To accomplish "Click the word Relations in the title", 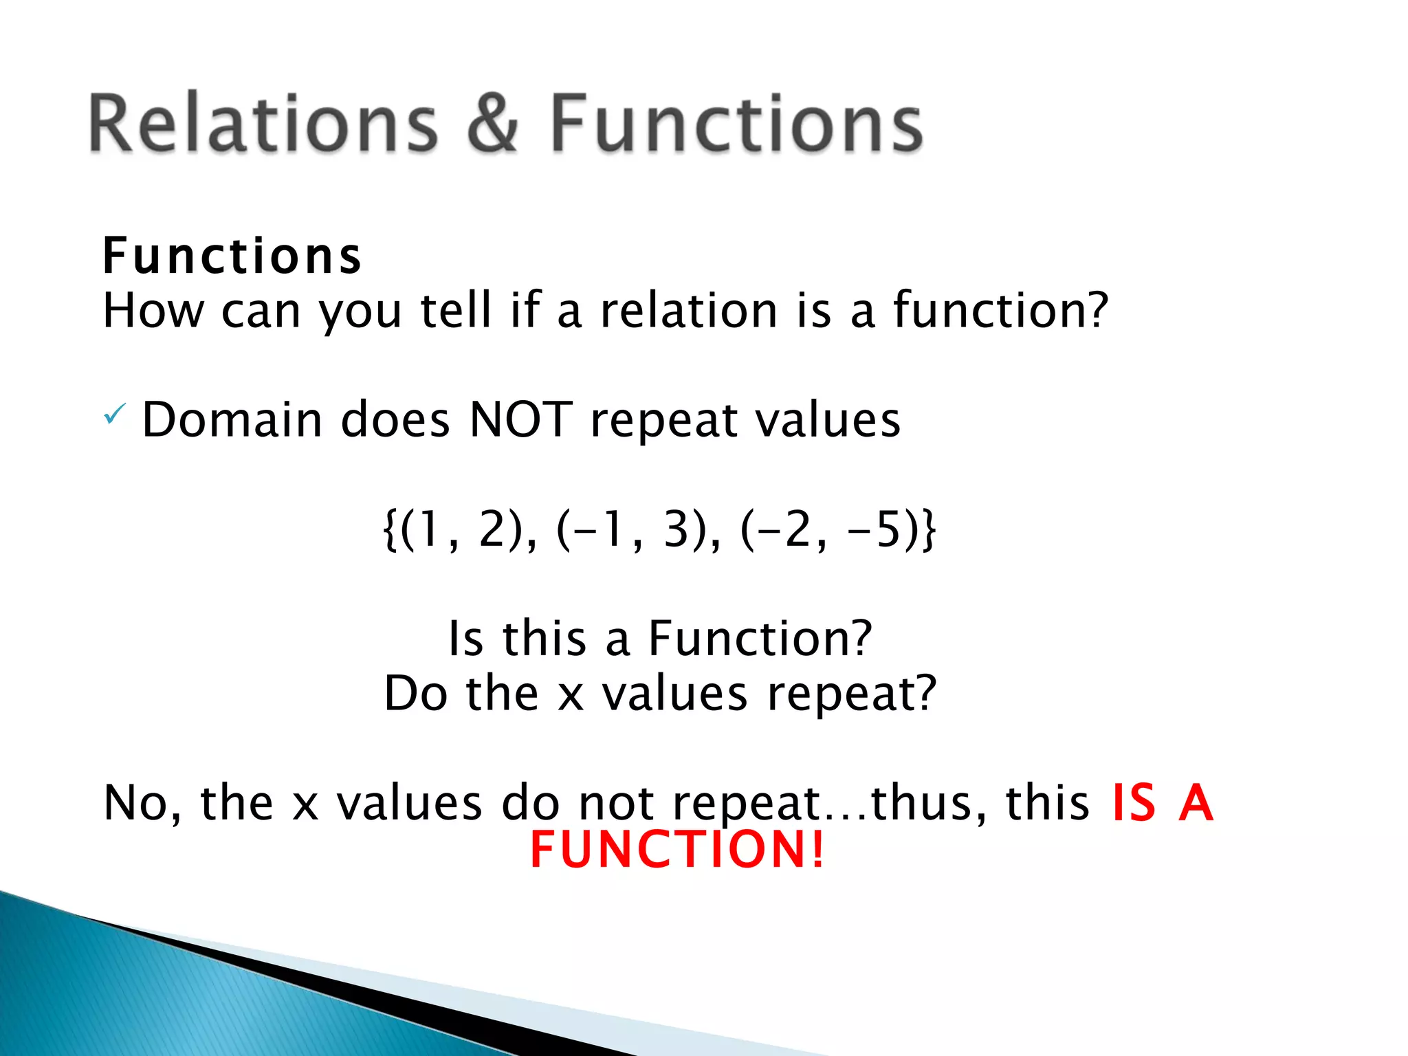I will tap(263, 124).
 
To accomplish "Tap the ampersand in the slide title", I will tap(492, 124).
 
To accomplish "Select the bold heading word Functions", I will tap(232, 256).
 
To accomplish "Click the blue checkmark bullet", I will tap(114, 415).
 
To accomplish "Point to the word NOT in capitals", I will tap(520, 419).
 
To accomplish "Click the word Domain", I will tap(232, 419).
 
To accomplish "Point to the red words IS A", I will tap(1163, 802).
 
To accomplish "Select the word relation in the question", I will tap(688, 311).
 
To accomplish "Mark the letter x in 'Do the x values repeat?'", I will tap(571, 694).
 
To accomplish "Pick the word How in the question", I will tap(153, 311).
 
